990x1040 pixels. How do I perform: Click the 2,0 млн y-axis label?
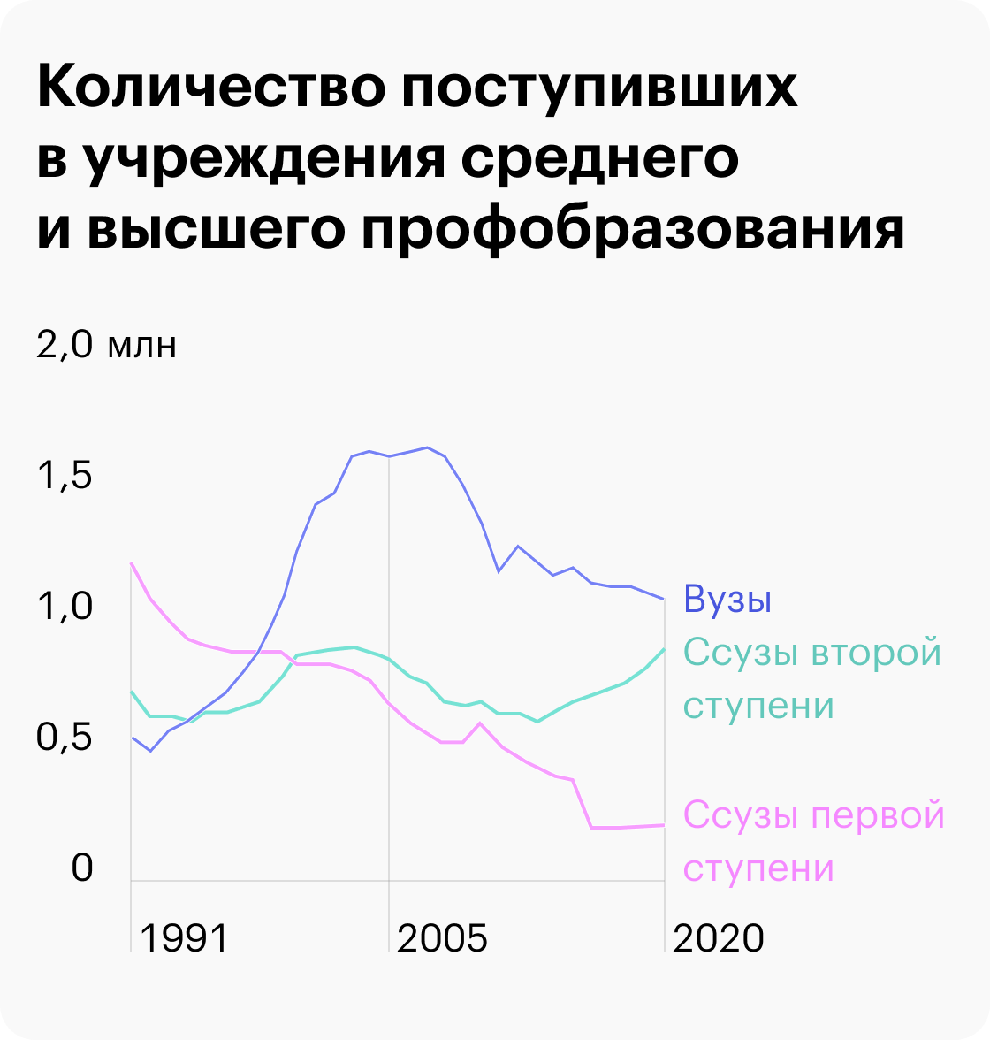coord(107,344)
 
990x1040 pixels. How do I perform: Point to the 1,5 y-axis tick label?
coord(65,476)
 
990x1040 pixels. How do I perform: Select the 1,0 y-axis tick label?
coord(65,607)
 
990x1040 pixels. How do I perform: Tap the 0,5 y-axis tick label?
coord(65,737)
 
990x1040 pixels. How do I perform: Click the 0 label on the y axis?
coord(82,868)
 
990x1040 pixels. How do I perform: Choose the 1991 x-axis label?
coord(184,938)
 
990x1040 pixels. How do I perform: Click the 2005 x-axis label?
coord(442,938)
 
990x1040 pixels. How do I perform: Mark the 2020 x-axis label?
coord(718,938)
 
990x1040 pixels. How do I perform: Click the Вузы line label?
coord(727,600)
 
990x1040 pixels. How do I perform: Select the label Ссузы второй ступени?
coord(812,679)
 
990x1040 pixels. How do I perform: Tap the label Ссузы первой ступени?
coord(814,841)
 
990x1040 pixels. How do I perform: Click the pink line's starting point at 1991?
coord(131,563)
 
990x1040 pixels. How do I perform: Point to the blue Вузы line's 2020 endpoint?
coord(664,600)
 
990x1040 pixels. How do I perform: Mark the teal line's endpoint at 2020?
coord(664,648)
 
